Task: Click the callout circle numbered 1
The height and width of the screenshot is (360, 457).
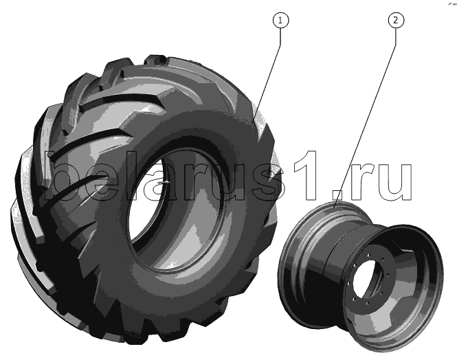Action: point(280,21)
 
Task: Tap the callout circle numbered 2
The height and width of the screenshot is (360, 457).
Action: point(396,21)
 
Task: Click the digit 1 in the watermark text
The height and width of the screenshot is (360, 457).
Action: point(306,175)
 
